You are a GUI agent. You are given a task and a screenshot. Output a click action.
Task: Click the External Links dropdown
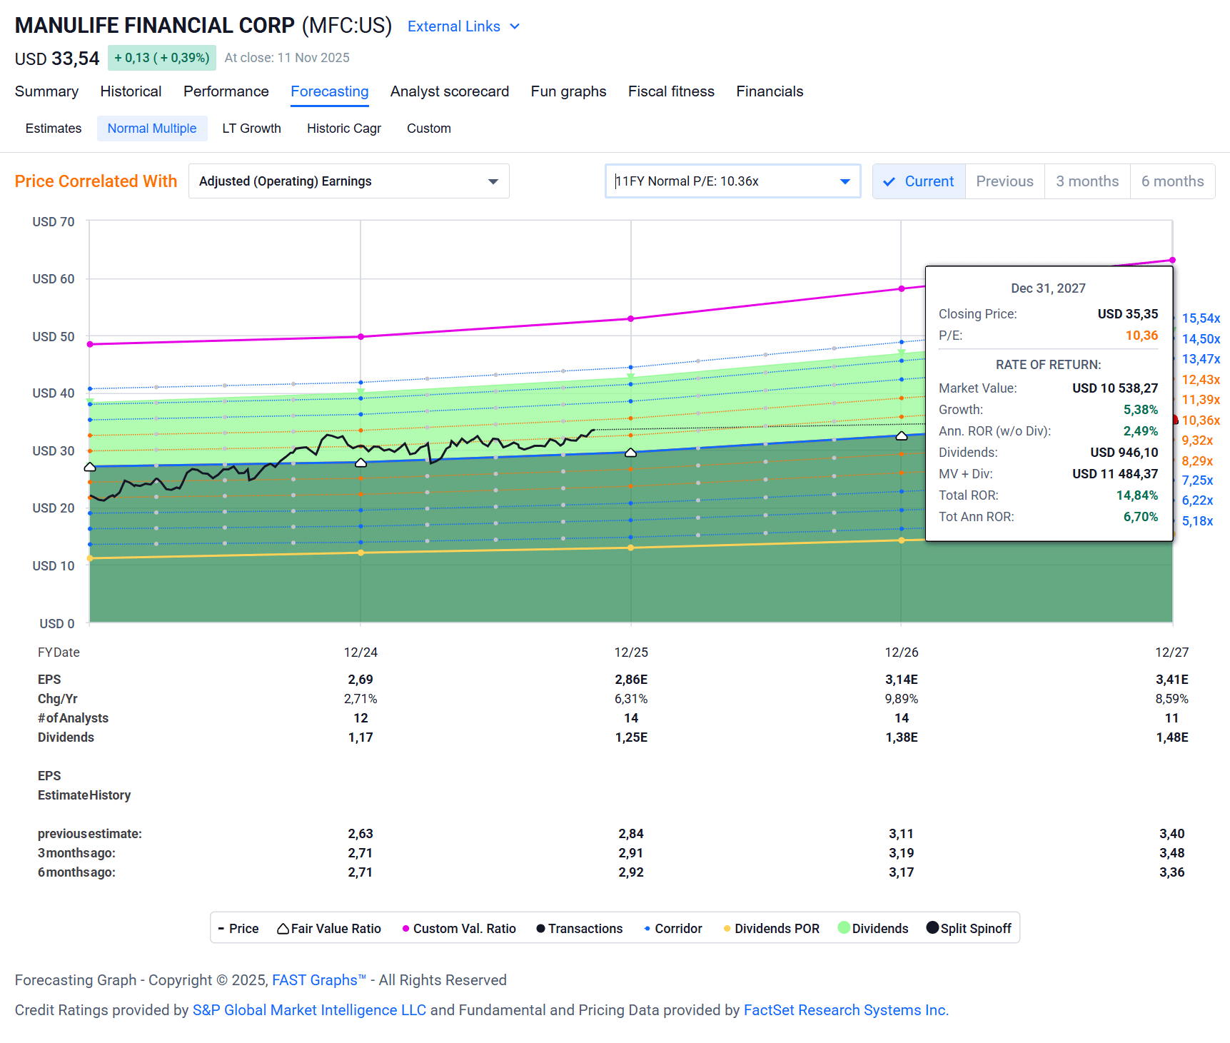(x=463, y=26)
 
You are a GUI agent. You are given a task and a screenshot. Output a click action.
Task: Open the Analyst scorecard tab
(x=449, y=91)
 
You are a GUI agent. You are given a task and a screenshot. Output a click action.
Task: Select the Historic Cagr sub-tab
(x=343, y=129)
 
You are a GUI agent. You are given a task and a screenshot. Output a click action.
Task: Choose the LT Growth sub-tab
(x=251, y=129)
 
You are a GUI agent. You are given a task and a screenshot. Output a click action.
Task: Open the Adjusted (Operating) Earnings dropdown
(x=348, y=181)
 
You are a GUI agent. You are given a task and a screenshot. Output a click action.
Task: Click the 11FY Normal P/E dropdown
(x=732, y=181)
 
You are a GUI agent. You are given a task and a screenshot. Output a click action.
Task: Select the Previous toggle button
(x=1004, y=181)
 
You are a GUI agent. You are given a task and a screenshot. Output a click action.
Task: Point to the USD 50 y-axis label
(x=54, y=336)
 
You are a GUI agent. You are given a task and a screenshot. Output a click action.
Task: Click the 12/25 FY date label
(x=631, y=652)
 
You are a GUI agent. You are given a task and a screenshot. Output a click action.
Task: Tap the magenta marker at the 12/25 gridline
(x=631, y=318)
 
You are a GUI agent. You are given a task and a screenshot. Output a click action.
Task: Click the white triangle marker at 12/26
(x=902, y=435)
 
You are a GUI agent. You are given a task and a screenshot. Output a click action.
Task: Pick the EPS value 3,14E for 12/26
(x=902, y=680)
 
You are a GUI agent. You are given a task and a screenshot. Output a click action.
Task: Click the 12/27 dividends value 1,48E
(x=1171, y=737)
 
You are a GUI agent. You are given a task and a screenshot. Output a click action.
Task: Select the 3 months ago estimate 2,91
(x=631, y=853)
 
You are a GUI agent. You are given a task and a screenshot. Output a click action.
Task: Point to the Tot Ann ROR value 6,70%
(x=1140, y=517)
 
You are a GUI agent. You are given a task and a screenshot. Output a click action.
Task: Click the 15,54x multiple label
(x=1201, y=318)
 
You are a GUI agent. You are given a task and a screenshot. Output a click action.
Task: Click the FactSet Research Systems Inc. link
(x=846, y=1010)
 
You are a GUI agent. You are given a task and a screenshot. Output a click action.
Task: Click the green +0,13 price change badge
(x=162, y=58)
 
